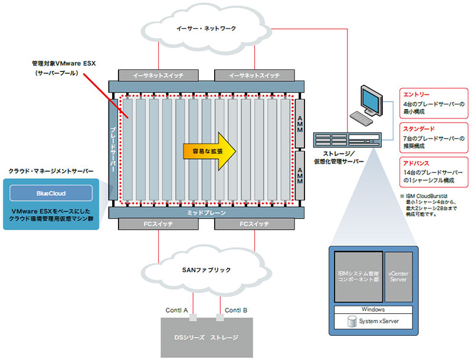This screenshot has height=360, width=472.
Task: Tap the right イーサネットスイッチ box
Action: tap(254, 76)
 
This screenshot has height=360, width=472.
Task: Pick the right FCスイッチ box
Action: tap(254, 224)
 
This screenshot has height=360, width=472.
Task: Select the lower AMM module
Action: tap(299, 175)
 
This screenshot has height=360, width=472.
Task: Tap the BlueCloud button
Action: tap(50, 193)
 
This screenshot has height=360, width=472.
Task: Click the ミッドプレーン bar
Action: tap(206, 212)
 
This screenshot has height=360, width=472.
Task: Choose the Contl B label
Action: tap(236, 310)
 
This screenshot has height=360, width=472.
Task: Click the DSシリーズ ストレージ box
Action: tap(206, 338)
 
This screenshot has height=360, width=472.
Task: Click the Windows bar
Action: tap(373, 309)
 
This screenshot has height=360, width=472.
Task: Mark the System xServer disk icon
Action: tap(352, 322)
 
